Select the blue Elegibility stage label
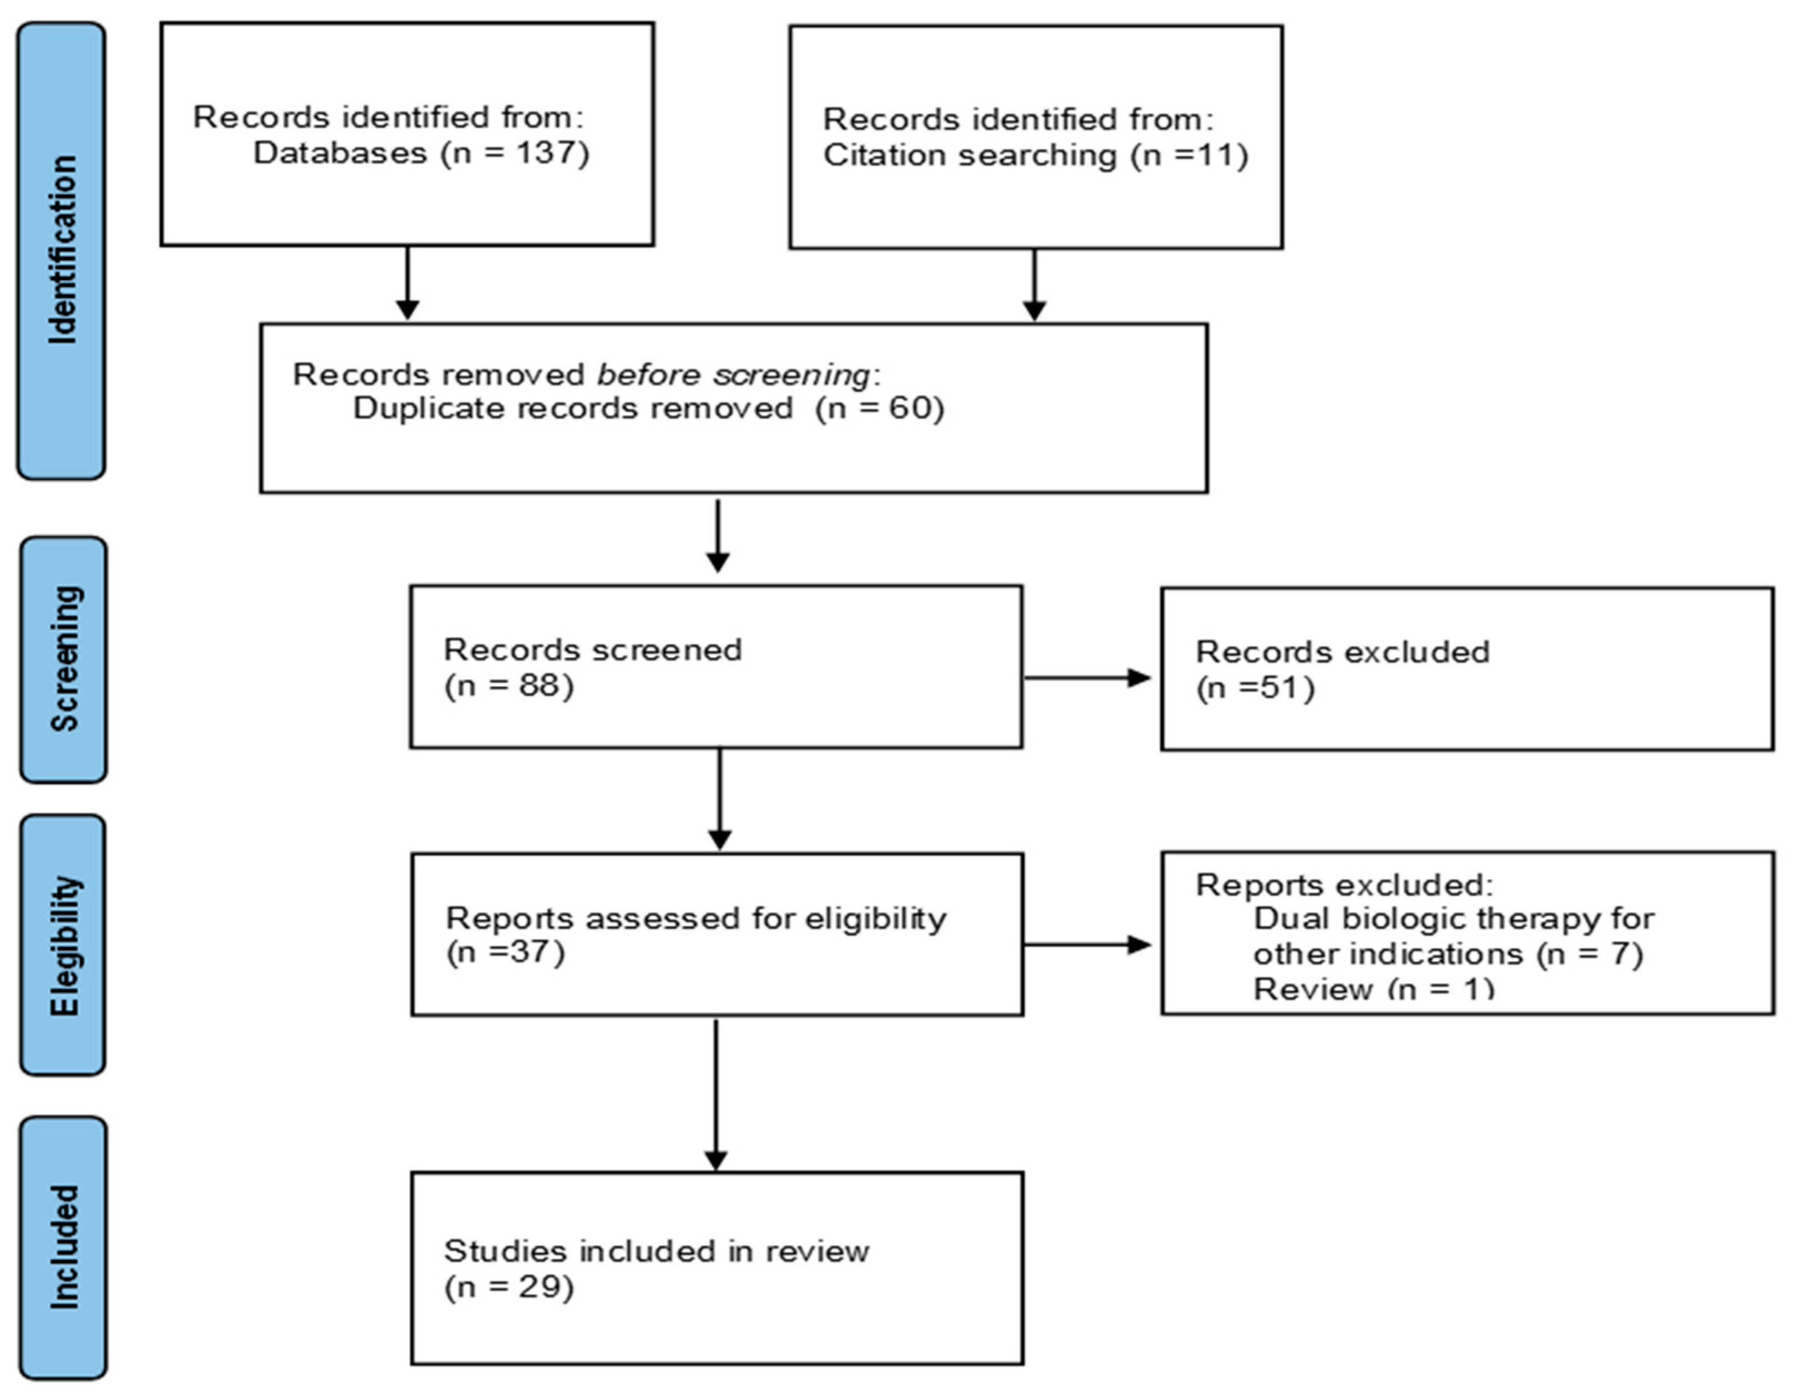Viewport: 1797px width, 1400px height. (63, 945)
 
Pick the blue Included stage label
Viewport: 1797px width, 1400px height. (63, 1247)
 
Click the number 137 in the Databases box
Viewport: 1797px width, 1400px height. (546, 153)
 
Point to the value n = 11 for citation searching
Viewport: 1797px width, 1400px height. (1190, 155)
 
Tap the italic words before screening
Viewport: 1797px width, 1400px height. (732, 374)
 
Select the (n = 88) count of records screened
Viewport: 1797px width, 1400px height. (509, 686)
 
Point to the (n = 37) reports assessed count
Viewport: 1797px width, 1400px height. (505, 952)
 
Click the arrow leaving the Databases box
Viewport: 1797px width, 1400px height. (407, 284)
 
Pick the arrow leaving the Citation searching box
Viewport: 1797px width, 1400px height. (1034, 286)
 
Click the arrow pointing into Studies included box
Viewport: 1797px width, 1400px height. (716, 1094)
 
